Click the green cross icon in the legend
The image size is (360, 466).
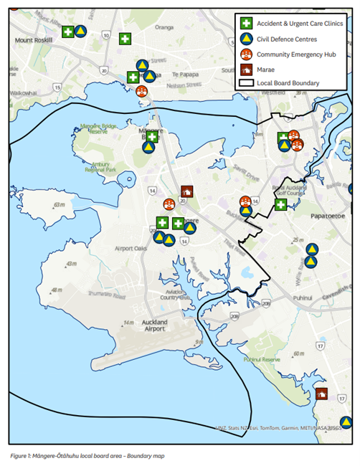tap(245, 24)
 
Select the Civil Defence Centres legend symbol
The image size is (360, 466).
tap(245, 39)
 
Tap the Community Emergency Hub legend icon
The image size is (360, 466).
tap(245, 54)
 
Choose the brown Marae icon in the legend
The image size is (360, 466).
tap(245, 69)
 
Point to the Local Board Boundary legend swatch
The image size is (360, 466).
tap(245, 83)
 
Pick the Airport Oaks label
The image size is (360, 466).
tap(130, 248)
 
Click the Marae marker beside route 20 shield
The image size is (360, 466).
tap(187, 191)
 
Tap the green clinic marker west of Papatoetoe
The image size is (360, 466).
tap(281, 205)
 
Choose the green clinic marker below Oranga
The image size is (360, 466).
tap(125, 39)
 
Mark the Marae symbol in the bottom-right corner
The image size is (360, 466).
tap(321, 393)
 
